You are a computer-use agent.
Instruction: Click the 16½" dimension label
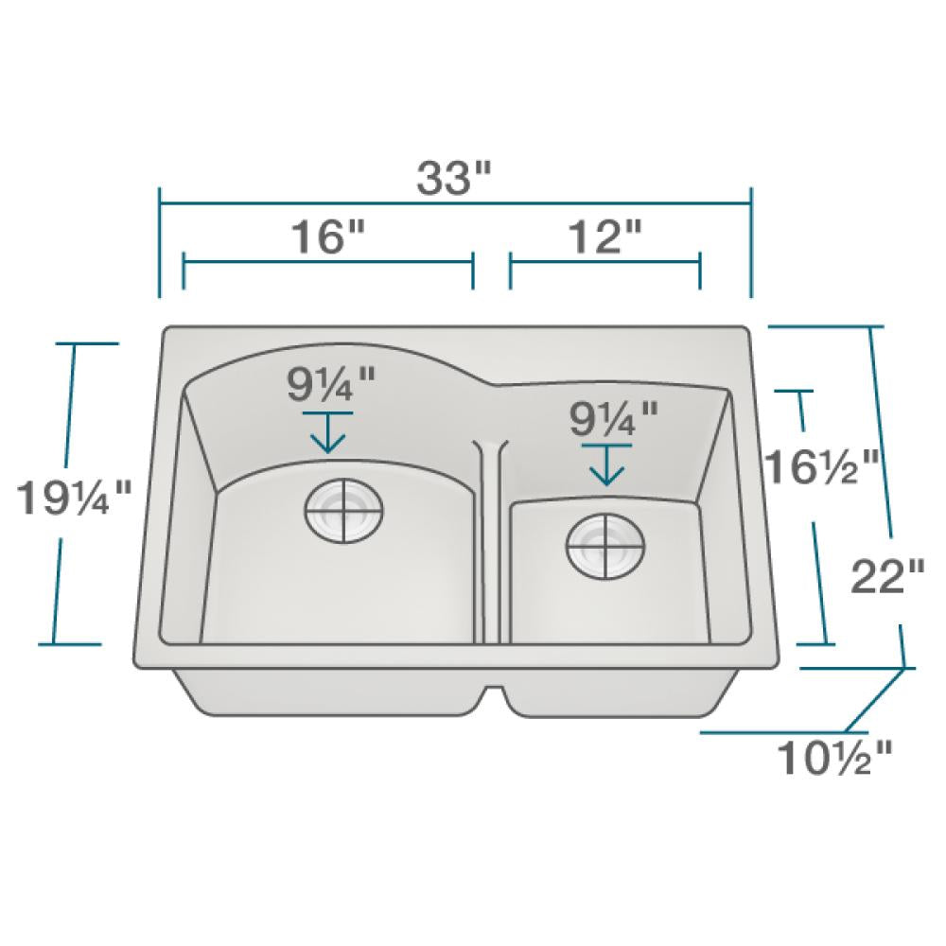pos(821,464)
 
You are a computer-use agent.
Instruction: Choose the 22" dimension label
pos(887,577)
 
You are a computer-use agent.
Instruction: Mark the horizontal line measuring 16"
pos(327,262)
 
